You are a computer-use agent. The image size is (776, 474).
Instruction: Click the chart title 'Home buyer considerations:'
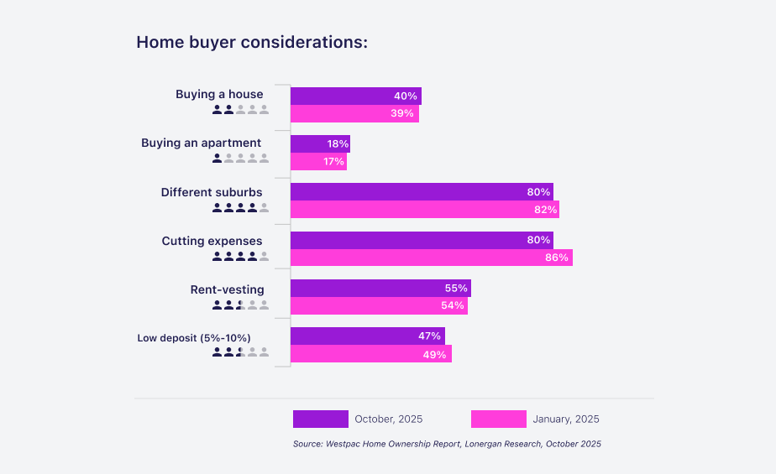pos(252,43)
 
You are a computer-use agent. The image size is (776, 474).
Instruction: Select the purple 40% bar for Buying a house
pos(355,96)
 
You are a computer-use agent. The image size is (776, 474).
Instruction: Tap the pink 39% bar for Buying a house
pos(354,113)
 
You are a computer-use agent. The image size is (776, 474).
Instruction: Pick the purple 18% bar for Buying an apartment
pos(319,143)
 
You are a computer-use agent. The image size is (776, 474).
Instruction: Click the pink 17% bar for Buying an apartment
pos(317,161)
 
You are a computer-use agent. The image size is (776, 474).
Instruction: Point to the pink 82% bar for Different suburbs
pos(424,209)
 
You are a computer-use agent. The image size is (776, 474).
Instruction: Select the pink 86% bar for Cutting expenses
pos(431,258)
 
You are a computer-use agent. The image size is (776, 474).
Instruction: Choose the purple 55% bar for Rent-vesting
pos(380,288)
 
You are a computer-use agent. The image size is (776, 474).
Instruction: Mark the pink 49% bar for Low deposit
pos(370,353)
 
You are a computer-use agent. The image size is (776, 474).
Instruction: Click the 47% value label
pos(429,336)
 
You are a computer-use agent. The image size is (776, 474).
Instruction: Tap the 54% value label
pos(452,305)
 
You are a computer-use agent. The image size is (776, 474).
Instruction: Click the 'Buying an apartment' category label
pos(201,143)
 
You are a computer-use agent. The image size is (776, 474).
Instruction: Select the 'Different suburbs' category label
pos(212,192)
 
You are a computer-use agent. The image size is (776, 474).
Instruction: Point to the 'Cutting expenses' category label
pos(212,241)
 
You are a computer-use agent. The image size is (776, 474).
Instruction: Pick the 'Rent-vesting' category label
pos(227,289)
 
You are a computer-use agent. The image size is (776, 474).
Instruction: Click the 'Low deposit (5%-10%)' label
pos(194,338)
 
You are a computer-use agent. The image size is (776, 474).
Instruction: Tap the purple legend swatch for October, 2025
pos(320,419)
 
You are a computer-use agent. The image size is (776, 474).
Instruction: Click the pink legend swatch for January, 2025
pos(498,419)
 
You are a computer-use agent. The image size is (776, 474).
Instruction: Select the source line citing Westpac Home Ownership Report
pos(447,444)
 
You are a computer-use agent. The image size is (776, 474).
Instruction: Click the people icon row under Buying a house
pos(240,109)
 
